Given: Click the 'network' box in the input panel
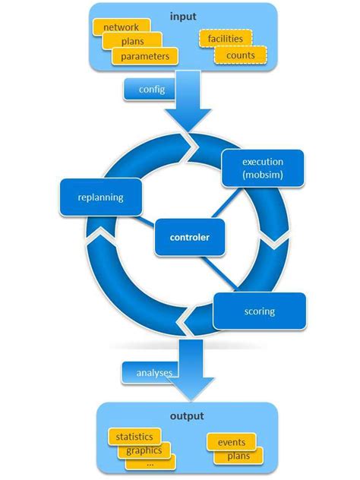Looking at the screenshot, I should pos(121,27).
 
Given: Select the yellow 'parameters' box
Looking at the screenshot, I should pos(144,56).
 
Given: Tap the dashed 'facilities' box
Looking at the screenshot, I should pos(225,39).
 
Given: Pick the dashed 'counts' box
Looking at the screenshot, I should pos(241,55).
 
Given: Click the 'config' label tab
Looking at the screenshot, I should pos(151,90).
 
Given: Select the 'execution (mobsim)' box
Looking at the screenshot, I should pos(263,168).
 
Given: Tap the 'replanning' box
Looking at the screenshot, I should pos(100,197).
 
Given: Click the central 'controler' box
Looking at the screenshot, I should pos(189,237).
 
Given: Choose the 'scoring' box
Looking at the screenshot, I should pos(260,311).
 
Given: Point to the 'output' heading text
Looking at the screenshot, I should pos(186,417).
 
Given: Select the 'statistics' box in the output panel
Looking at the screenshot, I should pos(134,437).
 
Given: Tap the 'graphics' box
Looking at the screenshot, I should pos(144,450).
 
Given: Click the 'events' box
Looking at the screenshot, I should pos(231,442).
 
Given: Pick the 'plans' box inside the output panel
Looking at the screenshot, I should pos(238,456).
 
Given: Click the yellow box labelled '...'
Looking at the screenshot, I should pos(150,463).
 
